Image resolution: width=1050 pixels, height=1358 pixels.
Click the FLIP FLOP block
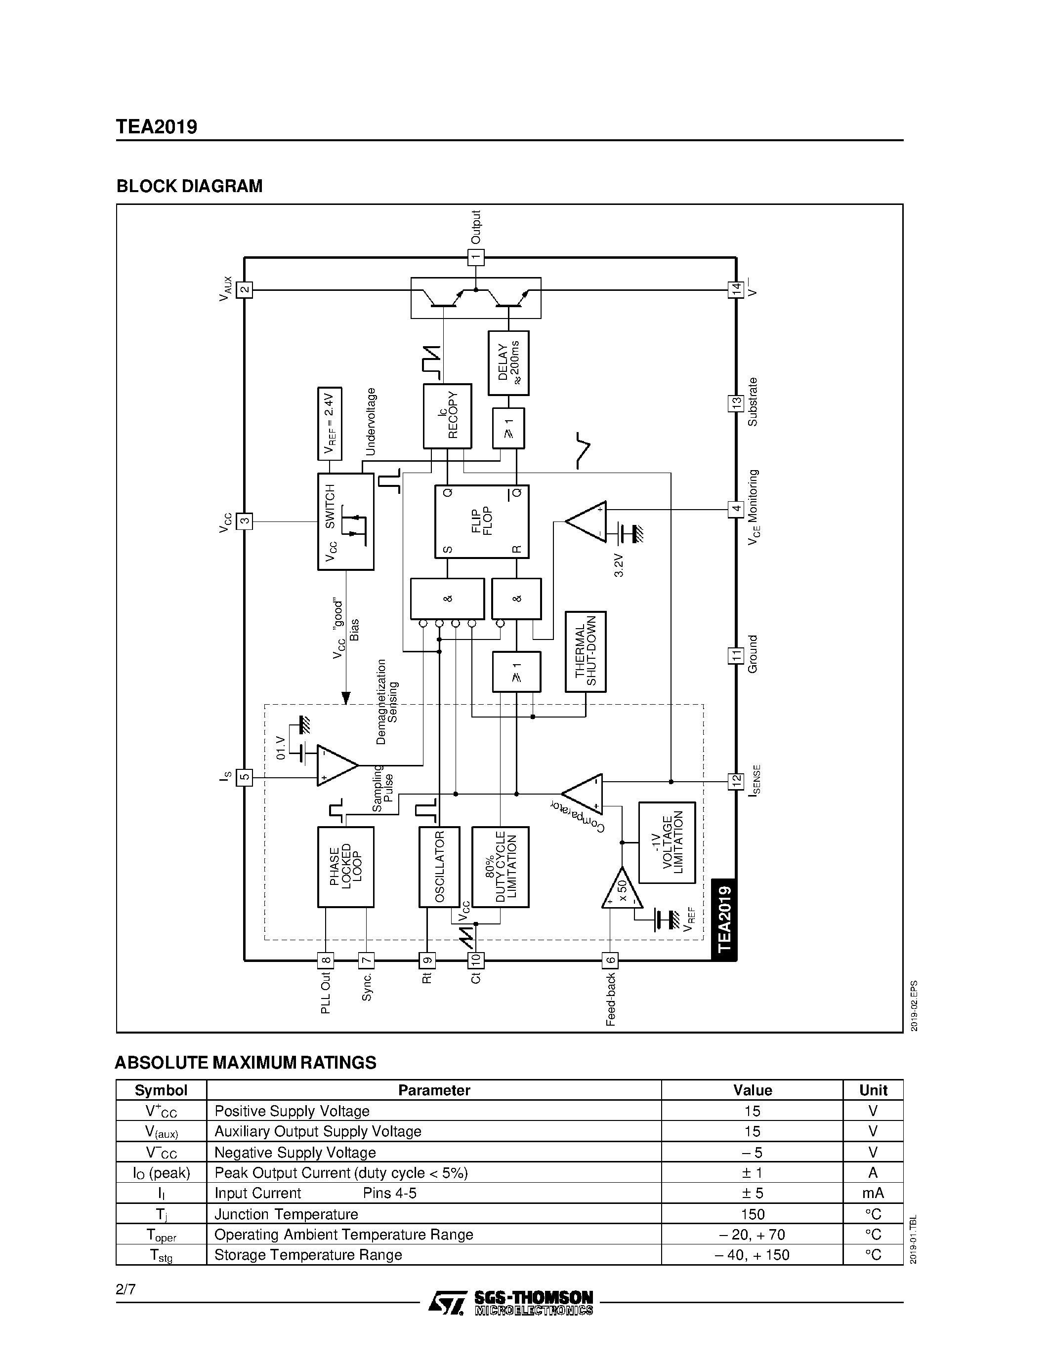coord(481,521)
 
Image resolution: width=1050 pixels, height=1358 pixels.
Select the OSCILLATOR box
coord(439,866)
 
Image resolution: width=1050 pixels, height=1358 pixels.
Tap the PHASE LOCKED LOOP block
coord(345,866)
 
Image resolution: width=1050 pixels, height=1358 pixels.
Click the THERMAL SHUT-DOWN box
coord(586,651)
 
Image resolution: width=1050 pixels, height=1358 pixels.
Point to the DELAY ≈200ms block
coord(508,362)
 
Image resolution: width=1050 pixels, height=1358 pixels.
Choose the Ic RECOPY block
coord(447,415)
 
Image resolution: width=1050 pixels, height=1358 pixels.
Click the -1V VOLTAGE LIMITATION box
coord(667,842)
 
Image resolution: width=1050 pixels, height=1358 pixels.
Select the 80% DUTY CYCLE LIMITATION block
coord(500,866)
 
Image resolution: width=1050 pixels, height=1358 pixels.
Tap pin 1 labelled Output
coord(476,257)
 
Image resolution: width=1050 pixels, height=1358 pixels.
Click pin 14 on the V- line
coord(736,290)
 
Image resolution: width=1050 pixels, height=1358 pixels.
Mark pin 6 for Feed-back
coord(610,960)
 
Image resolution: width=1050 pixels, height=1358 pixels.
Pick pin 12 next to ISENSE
coord(736,781)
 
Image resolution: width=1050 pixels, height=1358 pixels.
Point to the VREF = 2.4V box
coord(330,423)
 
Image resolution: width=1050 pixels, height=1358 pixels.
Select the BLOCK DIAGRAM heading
coord(189,186)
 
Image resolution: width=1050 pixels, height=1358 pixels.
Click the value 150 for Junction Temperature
coord(752,1213)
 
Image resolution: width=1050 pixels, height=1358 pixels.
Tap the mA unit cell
coord(873,1193)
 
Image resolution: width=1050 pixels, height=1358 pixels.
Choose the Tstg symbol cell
coord(161,1255)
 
